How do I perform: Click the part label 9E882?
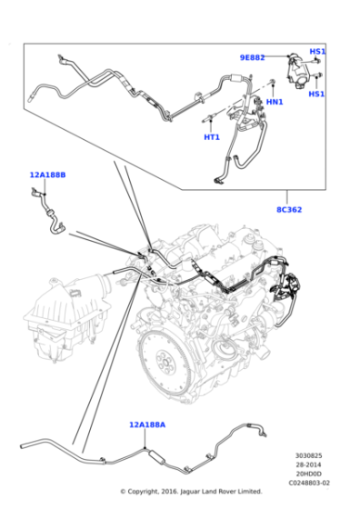[252, 57]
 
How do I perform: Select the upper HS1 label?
[317, 52]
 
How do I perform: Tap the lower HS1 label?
[316, 94]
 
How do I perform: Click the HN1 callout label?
[274, 102]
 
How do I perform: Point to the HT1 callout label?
[212, 137]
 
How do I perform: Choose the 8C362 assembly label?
[288, 210]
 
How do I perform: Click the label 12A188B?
[47, 173]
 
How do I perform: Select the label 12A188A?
[147, 424]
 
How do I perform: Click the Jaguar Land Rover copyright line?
[191, 492]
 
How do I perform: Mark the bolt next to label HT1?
[210, 117]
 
